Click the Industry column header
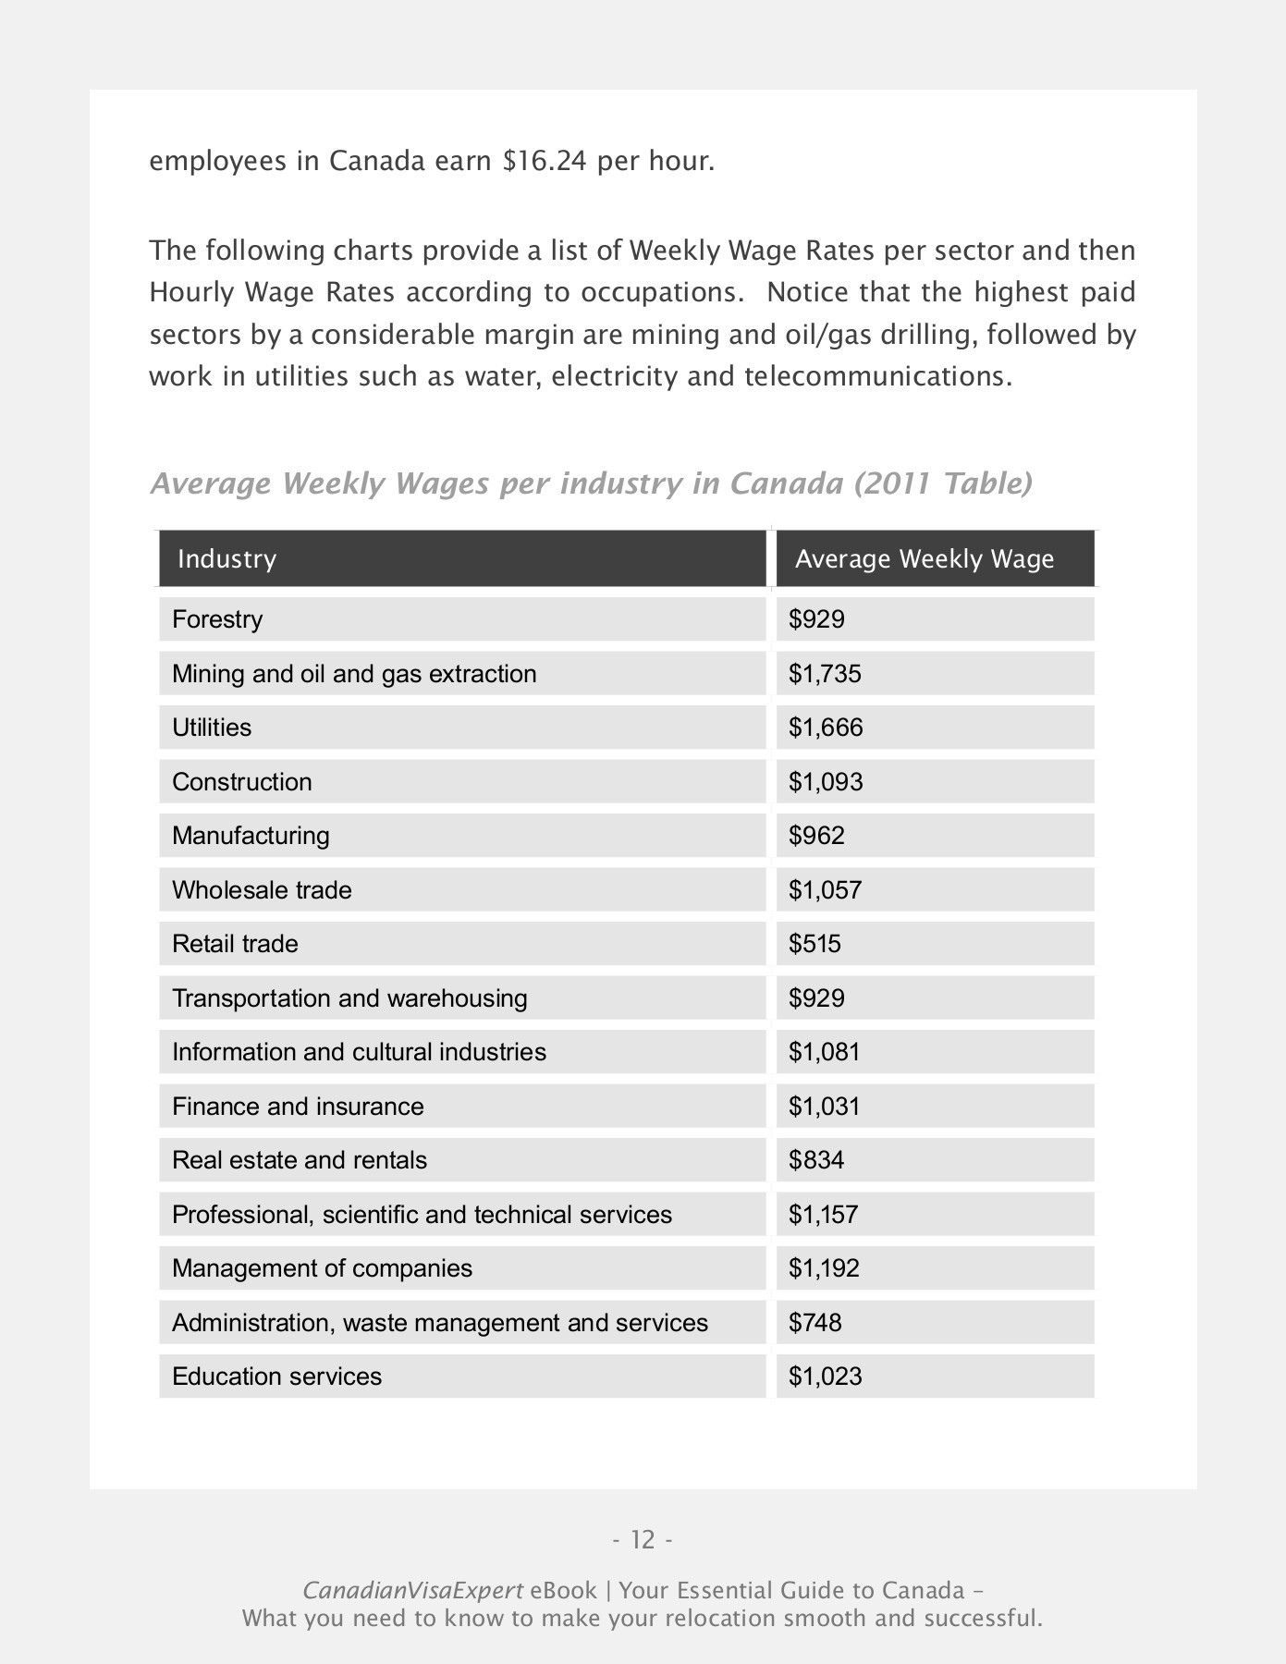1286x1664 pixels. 227,559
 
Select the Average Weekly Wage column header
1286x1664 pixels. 924,559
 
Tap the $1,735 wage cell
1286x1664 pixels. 825,674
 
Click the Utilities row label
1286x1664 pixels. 212,728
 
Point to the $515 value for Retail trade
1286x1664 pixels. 814,944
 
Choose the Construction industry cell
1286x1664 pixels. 242,782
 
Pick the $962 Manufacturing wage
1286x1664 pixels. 816,836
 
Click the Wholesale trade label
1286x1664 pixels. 262,890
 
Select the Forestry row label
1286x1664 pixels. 217,619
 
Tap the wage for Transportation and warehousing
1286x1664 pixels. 816,998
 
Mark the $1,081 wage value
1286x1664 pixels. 824,1052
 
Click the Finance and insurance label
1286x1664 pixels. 298,1107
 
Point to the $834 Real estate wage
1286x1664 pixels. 816,1160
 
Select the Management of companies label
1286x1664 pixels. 322,1268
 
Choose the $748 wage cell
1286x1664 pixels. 814,1323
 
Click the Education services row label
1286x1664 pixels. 276,1376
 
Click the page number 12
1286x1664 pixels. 643,1540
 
